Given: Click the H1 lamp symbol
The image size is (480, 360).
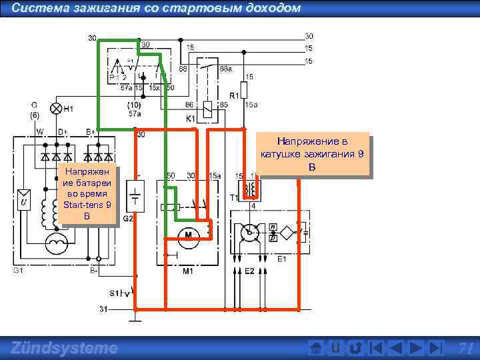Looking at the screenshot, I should coord(57,108).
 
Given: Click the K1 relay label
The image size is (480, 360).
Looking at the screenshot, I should coord(191,118).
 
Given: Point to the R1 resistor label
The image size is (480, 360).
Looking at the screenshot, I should coord(234,95).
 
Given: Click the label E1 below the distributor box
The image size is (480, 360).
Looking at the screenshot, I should coord(281,259).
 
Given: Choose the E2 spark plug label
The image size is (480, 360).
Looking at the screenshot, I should coord(249,271).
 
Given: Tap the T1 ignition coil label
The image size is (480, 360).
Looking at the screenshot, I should coord(234,198).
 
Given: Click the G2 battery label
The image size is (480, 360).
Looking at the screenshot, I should coord(128,218).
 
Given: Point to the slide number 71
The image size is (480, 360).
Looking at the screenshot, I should coord(466,348).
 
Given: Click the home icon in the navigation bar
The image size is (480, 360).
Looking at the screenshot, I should coord(317,348).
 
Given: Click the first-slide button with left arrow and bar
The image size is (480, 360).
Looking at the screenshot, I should coord(376,348).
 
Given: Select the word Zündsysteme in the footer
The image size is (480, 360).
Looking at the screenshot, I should coord(64,348).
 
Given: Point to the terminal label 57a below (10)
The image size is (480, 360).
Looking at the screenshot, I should coord(135,113).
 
